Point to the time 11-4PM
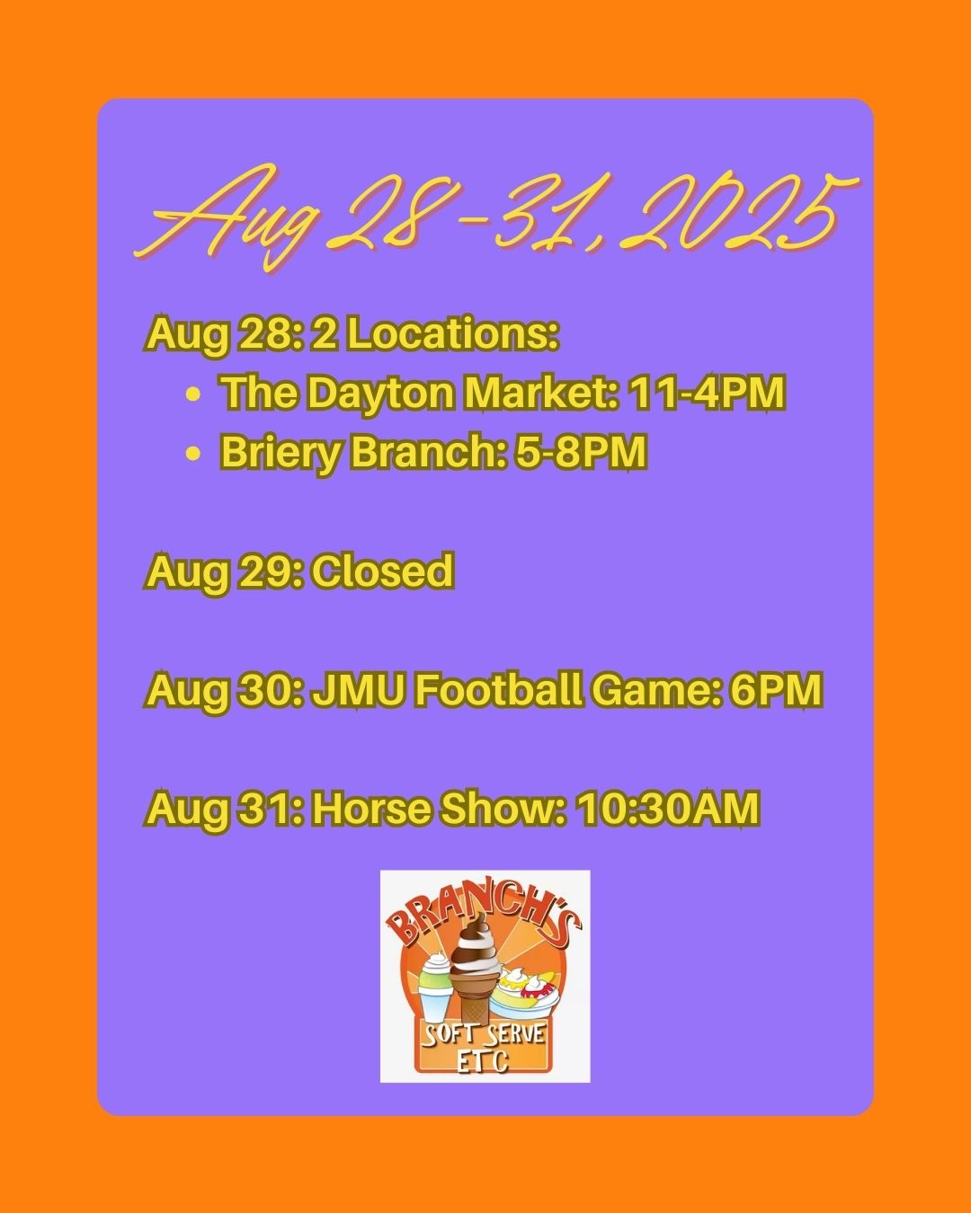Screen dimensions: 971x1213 coord(708,393)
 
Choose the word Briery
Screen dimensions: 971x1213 coord(280,454)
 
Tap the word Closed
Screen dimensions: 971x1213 coord(383,571)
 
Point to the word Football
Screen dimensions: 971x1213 coord(498,689)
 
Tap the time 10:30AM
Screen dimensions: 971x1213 coord(667,809)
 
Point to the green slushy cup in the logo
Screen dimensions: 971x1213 coord(437,987)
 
